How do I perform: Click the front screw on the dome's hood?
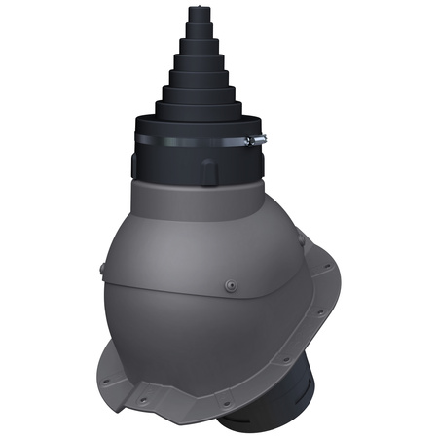pyautogui.click(x=230, y=285)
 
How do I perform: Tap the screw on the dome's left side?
pyautogui.click(x=104, y=265)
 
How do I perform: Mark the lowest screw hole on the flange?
pyautogui.click(x=227, y=401)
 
